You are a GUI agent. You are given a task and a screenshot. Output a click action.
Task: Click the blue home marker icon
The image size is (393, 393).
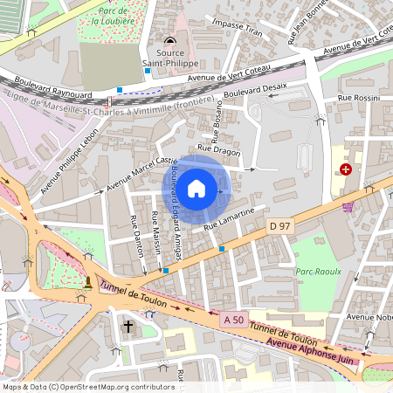196,188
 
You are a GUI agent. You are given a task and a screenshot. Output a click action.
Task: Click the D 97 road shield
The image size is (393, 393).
279,226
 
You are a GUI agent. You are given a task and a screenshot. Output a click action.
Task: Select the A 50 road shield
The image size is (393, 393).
231,320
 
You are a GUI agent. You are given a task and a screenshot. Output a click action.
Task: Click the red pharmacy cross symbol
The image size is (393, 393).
346,169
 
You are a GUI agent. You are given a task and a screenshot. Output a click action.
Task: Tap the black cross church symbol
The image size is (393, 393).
128,327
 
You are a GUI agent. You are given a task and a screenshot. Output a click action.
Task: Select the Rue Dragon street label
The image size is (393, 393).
218,150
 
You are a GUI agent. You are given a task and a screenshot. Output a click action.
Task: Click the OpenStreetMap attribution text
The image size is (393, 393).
87,386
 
